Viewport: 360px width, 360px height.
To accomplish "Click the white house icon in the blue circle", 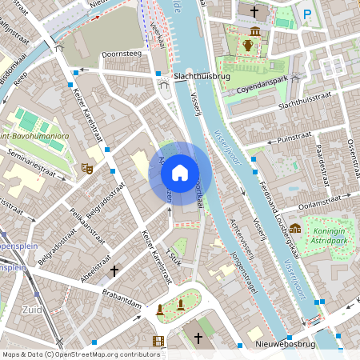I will pyautogui.click(x=180, y=173).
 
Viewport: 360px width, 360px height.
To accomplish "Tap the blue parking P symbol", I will pyautogui.click(x=307, y=13).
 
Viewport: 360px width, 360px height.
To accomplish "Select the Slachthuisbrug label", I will pyautogui.click(x=202, y=78).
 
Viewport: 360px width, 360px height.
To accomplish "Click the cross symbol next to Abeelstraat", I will pyautogui.click(x=114, y=271).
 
